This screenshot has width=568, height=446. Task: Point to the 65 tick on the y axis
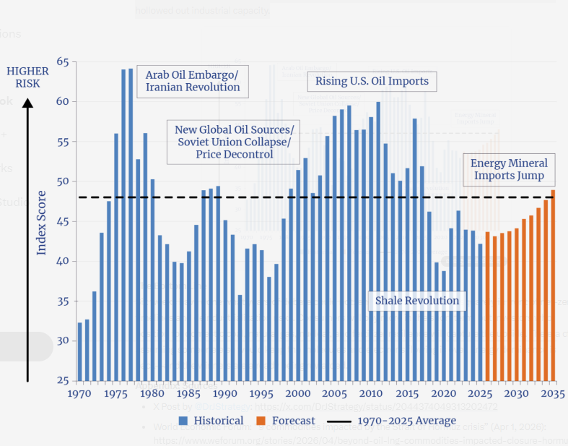[63, 62]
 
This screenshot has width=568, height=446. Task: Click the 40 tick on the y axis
[63, 262]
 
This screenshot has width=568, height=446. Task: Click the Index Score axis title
[42, 222]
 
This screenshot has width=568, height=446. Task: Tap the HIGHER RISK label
[27, 77]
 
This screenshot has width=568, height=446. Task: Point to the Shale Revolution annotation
[417, 301]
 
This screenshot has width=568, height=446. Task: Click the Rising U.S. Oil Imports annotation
[372, 81]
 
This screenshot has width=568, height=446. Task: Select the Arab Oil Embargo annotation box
[192, 81]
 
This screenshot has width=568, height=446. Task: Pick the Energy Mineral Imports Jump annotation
[509, 169]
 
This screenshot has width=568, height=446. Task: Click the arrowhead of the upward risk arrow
[27, 103]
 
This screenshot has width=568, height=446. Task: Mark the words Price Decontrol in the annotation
[234, 155]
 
